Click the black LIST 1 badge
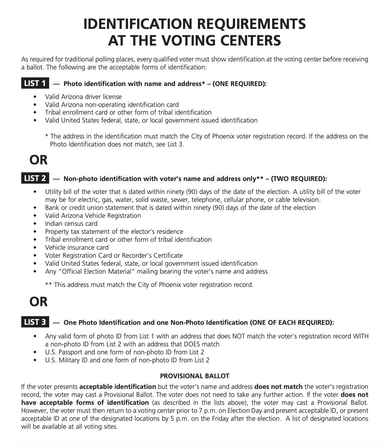(x=35, y=83)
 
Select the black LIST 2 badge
(x=35, y=178)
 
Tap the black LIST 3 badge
(x=35, y=322)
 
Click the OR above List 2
(x=39, y=160)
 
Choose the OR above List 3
(x=39, y=302)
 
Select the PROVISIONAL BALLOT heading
(x=195, y=376)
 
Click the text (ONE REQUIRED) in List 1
(x=239, y=84)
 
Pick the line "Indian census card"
(x=71, y=223)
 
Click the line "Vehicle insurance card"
(x=77, y=247)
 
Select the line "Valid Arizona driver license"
(x=83, y=97)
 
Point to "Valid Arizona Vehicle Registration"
(x=93, y=216)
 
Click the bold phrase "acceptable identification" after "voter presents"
(x=118, y=387)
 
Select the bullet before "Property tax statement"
(x=36, y=232)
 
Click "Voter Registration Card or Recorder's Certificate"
(x=114, y=255)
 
